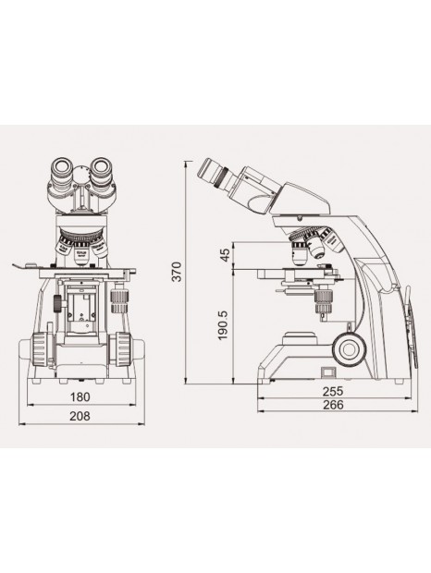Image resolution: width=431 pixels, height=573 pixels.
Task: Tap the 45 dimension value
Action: tap(225, 256)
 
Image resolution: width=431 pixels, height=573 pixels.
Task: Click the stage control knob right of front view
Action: tap(119, 301)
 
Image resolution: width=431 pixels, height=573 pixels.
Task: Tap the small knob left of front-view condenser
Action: tap(58, 303)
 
